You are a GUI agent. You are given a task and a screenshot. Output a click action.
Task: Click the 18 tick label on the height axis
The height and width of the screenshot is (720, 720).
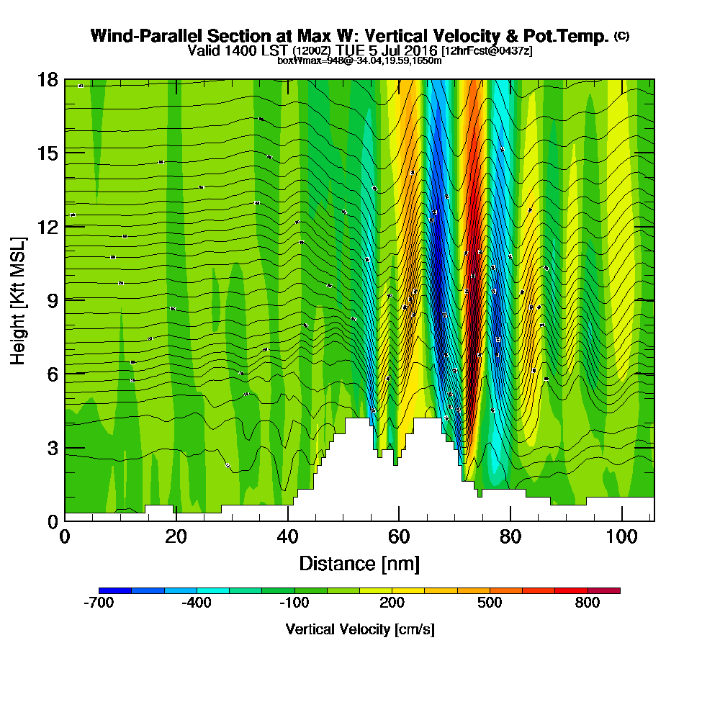click(x=48, y=79)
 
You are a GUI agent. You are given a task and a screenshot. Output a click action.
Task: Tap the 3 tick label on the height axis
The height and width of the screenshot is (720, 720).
click(x=52, y=447)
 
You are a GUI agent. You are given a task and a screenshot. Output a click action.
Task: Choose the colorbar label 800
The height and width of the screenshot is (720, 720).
click(x=588, y=603)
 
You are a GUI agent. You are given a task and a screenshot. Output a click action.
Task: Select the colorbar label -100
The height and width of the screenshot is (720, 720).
click(x=294, y=603)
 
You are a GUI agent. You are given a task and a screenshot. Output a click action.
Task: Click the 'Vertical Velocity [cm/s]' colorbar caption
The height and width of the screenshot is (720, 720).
click(x=359, y=629)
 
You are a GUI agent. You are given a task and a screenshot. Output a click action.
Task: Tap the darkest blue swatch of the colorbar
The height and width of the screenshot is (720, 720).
click(x=115, y=590)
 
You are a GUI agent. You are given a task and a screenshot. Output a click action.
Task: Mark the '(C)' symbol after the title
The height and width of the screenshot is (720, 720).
click(x=621, y=36)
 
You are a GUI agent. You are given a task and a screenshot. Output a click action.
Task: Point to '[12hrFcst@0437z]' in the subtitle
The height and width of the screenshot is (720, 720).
click(x=486, y=50)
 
